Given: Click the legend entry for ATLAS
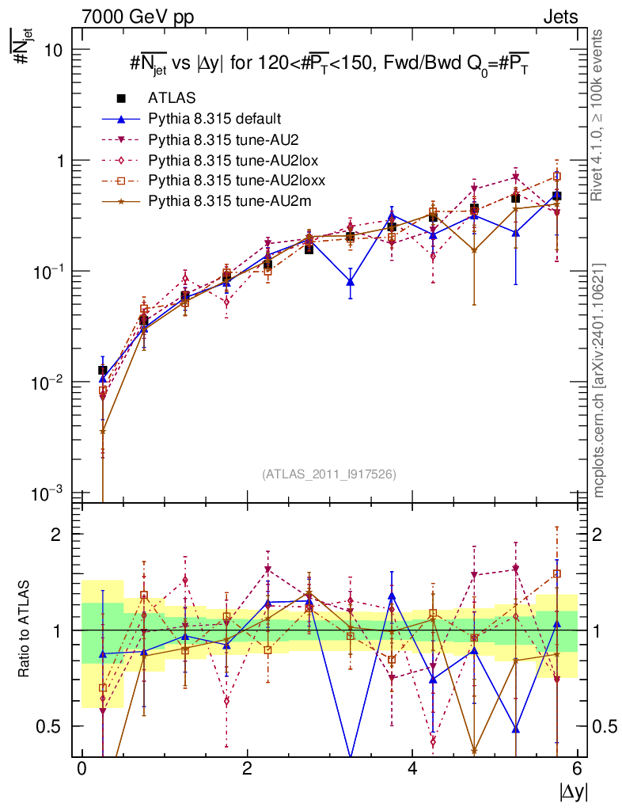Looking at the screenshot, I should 173,98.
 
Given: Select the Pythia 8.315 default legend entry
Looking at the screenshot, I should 214,119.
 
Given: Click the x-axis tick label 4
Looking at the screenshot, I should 412,769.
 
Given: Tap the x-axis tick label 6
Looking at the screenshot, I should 578,769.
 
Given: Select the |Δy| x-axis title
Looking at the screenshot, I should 572,791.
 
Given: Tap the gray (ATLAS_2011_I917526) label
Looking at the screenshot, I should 329,474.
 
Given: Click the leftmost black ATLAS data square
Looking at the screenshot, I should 102,370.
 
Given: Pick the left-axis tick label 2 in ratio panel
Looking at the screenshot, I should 58,534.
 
